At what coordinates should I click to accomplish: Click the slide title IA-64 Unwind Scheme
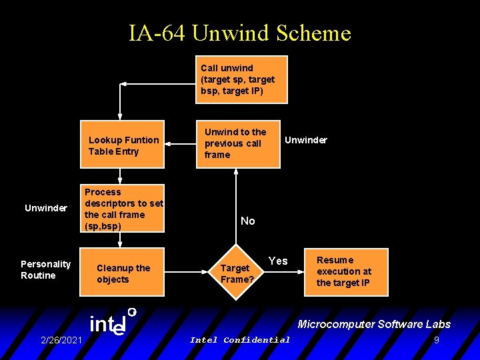point(240,32)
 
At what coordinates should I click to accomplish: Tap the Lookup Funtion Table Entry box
point(122,145)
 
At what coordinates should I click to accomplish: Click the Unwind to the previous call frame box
point(237,143)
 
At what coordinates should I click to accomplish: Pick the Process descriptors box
point(122,208)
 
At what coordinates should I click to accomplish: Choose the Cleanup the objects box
point(122,273)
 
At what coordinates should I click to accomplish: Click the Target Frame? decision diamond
point(237,273)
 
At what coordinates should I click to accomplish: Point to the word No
point(247,221)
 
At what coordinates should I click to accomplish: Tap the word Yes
point(278,261)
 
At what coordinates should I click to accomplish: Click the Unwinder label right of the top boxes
point(306,140)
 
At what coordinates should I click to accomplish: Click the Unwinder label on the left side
point(46,208)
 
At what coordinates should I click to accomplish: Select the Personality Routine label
point(45,269)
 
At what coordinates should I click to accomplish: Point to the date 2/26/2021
point(61,340)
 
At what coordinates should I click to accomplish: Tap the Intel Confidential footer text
point(240,340)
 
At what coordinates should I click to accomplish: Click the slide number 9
point(436,340)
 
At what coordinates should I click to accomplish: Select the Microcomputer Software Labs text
point(374,325)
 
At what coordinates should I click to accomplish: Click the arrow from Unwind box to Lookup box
point(179,143)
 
